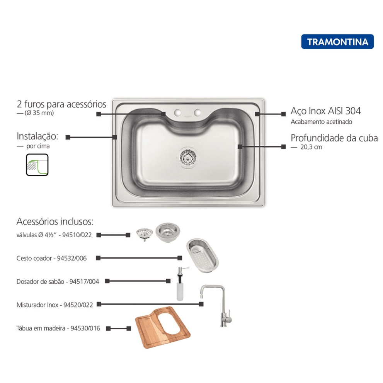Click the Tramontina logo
(337, 41)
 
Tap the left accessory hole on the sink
(177, 112)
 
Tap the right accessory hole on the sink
(197, 112)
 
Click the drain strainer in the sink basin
(187, 158)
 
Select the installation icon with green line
(37, 165)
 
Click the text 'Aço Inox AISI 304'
(325, 111)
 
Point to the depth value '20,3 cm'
(311, 147)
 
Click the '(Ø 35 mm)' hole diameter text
(39, 113)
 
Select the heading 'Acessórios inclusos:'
(55, 221)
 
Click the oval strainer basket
(203, 255)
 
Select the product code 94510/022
(77, 235)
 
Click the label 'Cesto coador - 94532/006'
(51, 258)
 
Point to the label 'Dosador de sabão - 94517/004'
(58, 282)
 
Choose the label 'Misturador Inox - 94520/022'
(55, 305)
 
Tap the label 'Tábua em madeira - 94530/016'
(58, 328)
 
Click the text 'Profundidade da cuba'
(334, 138)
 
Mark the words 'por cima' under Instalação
(38, 146)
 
